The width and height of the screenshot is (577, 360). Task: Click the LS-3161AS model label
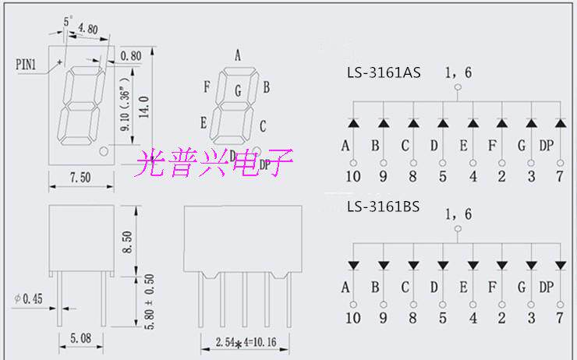[x=384, y=74]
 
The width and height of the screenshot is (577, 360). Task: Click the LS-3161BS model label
[x=384, y=208]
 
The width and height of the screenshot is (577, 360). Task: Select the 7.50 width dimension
[x=80, y=178]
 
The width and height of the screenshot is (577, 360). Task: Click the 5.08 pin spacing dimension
[x=80, y=339]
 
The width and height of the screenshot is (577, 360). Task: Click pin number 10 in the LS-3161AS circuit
[x=353, y=176]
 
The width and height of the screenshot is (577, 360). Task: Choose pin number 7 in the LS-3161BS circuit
[x=560, y=318]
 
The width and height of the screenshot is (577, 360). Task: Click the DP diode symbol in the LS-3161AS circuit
[x=560, y=123]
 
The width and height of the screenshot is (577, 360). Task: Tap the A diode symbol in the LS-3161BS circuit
[x=353, y=267]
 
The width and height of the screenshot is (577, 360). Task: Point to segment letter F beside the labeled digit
[x=207, y=86]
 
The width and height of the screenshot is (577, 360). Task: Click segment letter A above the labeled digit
[x=236, y=55]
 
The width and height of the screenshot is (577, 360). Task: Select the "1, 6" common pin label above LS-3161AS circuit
[x=458, y=73]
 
